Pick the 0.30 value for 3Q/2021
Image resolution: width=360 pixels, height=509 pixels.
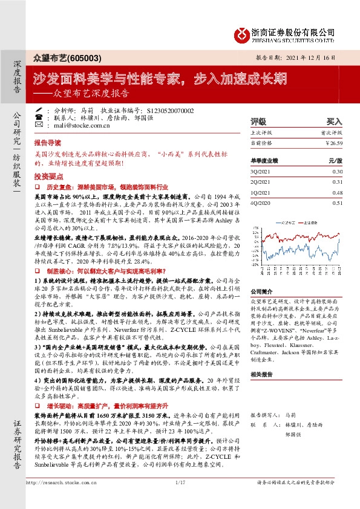click(x=337, y=172)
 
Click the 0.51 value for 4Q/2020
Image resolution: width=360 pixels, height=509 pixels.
click(x=337, y=203)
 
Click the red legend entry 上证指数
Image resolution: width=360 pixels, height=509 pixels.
click(x=306, y=222)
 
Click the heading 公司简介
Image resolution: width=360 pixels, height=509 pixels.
click(x=262, y=291)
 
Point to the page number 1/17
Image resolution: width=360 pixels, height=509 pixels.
click(x=180, y=499)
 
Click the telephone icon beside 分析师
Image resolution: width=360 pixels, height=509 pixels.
click(x=40, y=111)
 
